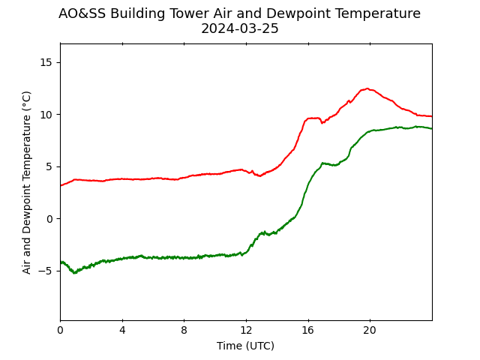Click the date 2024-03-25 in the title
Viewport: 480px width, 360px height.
(240, 28)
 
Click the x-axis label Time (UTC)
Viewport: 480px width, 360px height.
(245, 346)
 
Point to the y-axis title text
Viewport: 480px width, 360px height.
(27, 183)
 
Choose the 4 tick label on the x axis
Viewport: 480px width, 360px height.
(122, 330)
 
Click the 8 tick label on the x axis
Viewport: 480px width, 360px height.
(184, 330)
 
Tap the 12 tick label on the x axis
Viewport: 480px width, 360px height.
(246, 330)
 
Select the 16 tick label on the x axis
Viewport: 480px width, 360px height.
(308, 330)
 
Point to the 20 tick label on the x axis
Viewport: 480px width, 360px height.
(370, 330)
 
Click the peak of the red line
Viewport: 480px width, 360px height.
(367, 88)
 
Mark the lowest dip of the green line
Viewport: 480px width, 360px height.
(74, 272)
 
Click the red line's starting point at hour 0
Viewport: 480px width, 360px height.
(61, 185)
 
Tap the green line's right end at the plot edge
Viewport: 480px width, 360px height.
(432, 129)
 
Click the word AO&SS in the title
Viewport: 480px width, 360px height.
(82, 13)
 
